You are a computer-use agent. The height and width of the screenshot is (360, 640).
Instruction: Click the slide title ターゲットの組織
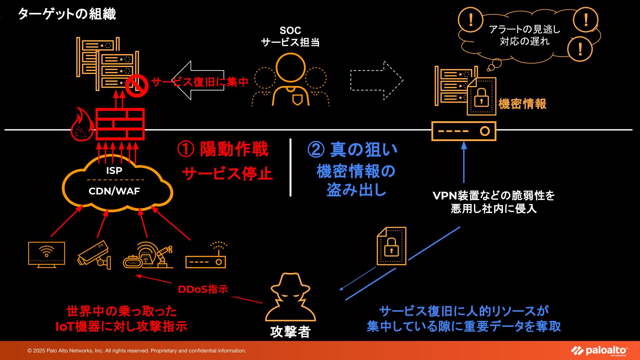point(67,14)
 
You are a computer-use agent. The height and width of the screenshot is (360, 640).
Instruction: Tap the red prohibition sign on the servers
point(137,86)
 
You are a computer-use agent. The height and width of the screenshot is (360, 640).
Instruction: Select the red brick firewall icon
point(120,124)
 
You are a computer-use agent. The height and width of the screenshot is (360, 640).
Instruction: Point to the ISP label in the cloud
point(114,171)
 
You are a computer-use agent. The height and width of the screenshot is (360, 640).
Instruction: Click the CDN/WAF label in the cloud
point(114,191)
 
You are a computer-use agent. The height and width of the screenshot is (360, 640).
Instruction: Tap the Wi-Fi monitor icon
point(47,254)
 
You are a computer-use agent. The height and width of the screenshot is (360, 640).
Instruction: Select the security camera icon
point(94,255)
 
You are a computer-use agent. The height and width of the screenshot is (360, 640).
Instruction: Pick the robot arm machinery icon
point(148,255)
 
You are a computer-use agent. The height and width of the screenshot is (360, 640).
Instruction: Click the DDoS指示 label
point(203,289)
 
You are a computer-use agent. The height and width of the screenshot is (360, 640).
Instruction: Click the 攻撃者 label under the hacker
point(290,332)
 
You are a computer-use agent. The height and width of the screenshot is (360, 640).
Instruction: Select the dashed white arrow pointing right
point(377,80)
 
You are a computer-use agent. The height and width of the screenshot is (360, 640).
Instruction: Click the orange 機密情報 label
point(522,104)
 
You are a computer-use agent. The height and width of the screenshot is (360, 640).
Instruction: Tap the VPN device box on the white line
point(464,131)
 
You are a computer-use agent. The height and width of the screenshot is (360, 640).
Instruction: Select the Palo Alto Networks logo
point(599,351)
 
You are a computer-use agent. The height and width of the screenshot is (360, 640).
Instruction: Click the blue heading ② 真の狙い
point(352,150)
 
